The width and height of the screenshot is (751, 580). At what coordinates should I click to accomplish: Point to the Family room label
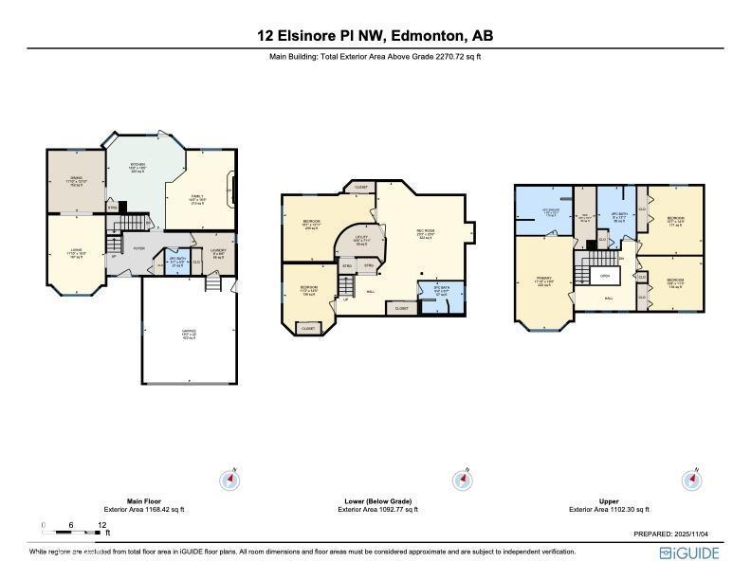(x=198, y=199)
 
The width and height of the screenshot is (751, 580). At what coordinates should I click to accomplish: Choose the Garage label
(x=189, y=334)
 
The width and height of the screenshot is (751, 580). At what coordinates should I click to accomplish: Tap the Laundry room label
(x=217, y=255)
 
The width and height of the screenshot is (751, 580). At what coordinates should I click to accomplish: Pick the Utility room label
(x=361, y=240)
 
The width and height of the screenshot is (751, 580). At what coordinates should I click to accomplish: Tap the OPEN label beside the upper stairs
(x=604, y=276)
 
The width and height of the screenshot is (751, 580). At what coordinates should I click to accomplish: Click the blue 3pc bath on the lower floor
(x=441, y=292)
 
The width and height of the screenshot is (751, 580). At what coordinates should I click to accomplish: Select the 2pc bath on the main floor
(x=175, y=261)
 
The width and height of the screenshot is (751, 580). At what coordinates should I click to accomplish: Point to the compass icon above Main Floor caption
(x=229, y=480)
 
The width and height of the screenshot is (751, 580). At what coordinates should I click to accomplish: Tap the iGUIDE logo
(x=689, y=553)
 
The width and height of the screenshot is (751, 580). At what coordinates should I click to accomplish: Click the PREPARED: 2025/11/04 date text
(x=676, y=535)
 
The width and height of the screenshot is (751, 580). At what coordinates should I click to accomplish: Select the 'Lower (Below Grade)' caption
(x=377, y=501)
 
